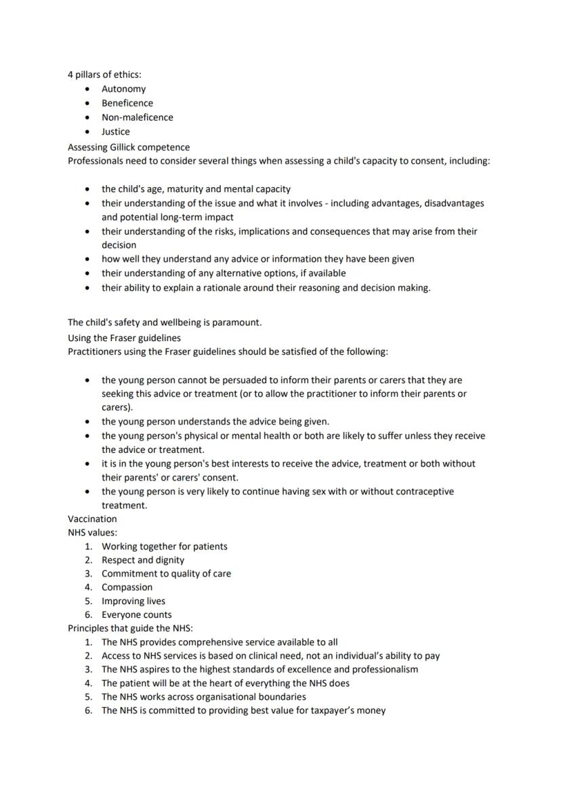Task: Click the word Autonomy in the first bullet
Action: coord(123,89)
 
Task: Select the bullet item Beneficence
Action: coord(127,103)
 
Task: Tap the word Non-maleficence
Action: coord(137,117)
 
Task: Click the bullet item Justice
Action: coord(116,132)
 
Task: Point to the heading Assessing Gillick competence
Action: coord(129,147)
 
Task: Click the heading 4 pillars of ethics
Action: coord(104,75)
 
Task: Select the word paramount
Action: coord(236,322)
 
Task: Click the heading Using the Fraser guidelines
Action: coord(124,337)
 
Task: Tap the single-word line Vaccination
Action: coord(92,519)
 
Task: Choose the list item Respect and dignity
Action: coord(143,560)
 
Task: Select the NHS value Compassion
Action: coord(127,587)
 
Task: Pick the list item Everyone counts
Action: coord(136,615)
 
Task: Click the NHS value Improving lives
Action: coord(133,601)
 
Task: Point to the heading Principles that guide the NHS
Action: coord(130,629)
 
